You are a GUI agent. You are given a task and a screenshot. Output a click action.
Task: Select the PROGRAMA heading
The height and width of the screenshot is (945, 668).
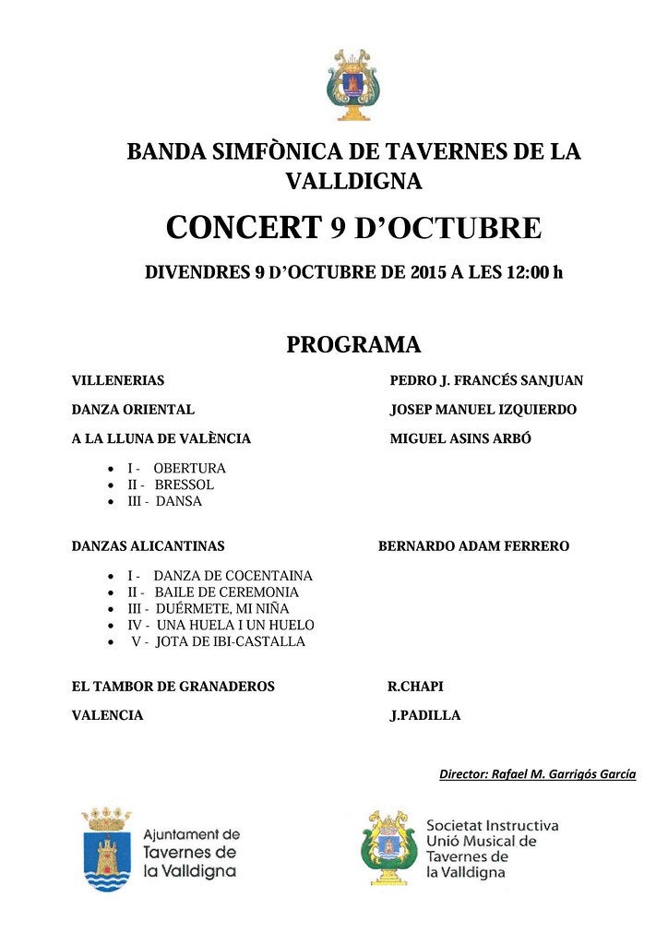click(x=353, y=345)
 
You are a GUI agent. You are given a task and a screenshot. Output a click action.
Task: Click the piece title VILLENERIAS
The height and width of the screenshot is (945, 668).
click(x=118, y=380)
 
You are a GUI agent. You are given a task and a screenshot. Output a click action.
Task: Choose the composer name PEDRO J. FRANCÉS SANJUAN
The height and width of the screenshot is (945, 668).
click(x=486, y=380)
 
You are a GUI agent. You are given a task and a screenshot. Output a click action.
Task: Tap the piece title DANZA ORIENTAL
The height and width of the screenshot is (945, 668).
click(x=133, y=410)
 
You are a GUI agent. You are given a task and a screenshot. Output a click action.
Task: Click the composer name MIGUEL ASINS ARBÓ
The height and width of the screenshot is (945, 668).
click(x=460, y=439)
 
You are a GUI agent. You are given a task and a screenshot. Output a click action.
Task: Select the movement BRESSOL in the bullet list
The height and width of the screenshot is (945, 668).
click(x=184, y=484)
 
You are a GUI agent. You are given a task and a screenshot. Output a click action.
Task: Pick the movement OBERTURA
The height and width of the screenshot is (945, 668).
click(x=189, y=468)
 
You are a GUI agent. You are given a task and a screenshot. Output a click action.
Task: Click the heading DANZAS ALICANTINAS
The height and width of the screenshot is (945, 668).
click(x=148, y=546)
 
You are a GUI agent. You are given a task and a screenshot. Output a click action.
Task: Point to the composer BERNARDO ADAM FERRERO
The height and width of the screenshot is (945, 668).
click(x=473, y=546)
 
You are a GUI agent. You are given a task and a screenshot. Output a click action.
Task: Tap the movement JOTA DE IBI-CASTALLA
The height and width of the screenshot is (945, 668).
click(x=230, y=641)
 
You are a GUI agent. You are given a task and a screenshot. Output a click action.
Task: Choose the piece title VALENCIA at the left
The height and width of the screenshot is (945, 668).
click(x=107, y=715)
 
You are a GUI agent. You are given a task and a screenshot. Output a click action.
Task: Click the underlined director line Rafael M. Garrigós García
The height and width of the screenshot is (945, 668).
click(x=537, y=774)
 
